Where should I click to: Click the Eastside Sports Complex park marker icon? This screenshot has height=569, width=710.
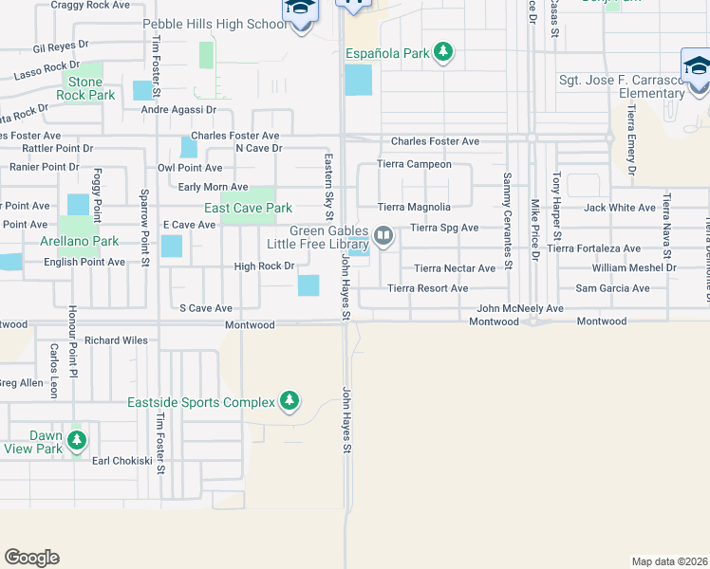pos(290,402)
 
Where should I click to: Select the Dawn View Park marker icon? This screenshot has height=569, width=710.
pos(77,441)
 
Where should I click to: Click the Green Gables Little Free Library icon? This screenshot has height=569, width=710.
pos(383,234)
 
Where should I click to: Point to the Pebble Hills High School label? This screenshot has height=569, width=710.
pos(214,24)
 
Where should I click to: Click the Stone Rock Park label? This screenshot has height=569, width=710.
pos(85,89)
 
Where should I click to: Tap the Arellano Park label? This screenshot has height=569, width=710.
pos(80,242)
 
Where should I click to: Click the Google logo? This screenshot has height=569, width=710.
pos(32,558)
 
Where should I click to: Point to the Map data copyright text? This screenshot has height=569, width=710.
pos(669,561)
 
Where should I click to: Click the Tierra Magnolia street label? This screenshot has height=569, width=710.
pos(414,207)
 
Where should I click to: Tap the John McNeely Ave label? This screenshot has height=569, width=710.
pos(519,308)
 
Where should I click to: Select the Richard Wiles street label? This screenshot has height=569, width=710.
pos(116,340)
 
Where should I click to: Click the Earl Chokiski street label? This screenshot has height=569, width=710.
pos(121,460)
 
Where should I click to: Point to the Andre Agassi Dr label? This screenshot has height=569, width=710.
pos(179,110)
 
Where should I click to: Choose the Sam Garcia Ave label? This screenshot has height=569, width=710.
pos(612,288)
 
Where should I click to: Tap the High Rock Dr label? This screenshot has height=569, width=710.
pos(264,266)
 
